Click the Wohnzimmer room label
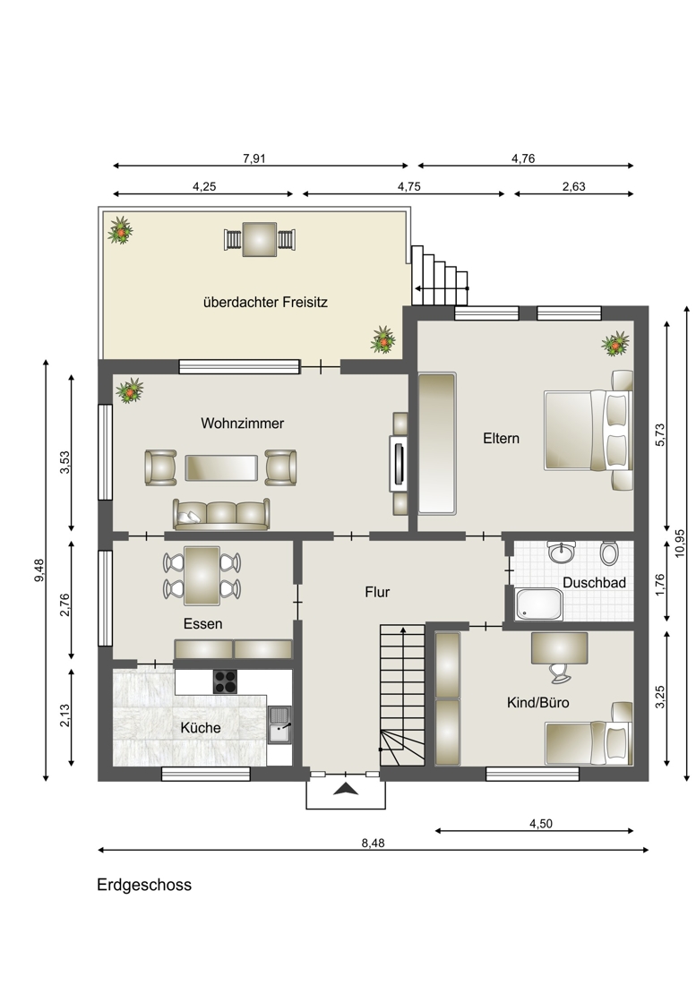tap(242, 424)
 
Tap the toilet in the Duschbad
tap(608, 552)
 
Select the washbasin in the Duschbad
tap(561, 552)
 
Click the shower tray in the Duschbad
tap(538, 604)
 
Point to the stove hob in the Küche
tap(225, 681)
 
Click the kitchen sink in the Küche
tap(279, 724)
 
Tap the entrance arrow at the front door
tap(345, 790)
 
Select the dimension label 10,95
tap(680, 543)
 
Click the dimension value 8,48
tap(373, 843)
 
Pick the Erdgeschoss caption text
tap(144, 885)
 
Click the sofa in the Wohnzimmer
tap(221, 515)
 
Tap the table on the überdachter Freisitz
tap(260, 239)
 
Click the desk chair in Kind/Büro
tap(560, 672)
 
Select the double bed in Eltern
tap(588, 430)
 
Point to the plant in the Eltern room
tap(615, 344)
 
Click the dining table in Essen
tap(202, 576)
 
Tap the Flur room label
tap(377, 592)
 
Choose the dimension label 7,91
tap(254, 158)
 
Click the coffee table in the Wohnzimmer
tap(221, 468)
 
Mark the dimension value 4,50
tap(541, 824)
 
